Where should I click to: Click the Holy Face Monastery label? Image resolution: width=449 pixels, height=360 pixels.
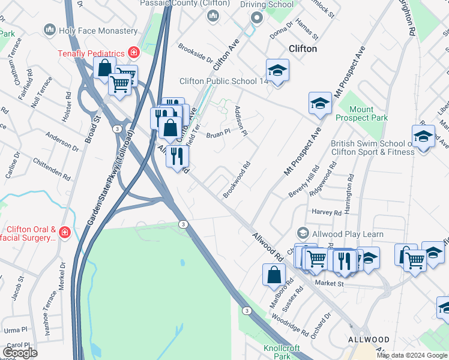(x=98, y=30)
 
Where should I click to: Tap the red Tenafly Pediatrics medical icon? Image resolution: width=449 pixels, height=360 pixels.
(x=133, y=53)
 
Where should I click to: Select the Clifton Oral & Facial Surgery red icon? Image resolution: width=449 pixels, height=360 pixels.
(x=64, y=232)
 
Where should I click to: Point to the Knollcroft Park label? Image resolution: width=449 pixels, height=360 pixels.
(x=277, y=352)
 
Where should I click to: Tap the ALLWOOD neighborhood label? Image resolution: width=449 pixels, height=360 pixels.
(x=369, y=340)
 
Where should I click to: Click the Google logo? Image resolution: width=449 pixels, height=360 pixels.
(x=20, y=353)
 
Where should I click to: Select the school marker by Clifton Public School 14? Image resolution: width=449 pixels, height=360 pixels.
(x=277, y=71)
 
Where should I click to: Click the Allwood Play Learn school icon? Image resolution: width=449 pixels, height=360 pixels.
(x=303, y=233)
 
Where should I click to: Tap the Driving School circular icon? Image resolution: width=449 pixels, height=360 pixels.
(x=258, y=18)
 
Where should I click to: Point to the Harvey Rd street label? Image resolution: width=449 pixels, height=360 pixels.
(x=327, y=212)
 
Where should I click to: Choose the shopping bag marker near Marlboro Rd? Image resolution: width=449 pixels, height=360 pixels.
(x=274, y=275)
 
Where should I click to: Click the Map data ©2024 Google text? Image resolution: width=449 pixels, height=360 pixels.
(x=412, y=355)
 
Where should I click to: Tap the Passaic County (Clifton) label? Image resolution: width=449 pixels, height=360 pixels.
(x=185, y=4)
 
